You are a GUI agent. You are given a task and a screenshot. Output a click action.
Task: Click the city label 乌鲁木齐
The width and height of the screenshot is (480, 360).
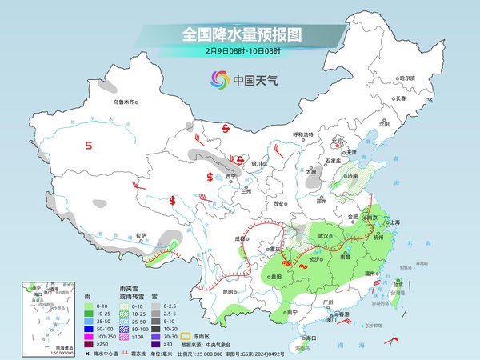(x=126, y=102)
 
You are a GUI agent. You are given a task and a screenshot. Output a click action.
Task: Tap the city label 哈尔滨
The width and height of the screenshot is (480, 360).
(x=407, y=78)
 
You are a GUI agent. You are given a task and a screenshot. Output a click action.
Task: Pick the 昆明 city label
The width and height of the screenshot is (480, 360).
(x=230, y=291)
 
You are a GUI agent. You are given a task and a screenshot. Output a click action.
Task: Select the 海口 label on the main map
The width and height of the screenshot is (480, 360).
(x=312, y=338)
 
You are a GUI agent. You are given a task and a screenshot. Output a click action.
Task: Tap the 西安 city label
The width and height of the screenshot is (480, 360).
(x=279, y=203)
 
